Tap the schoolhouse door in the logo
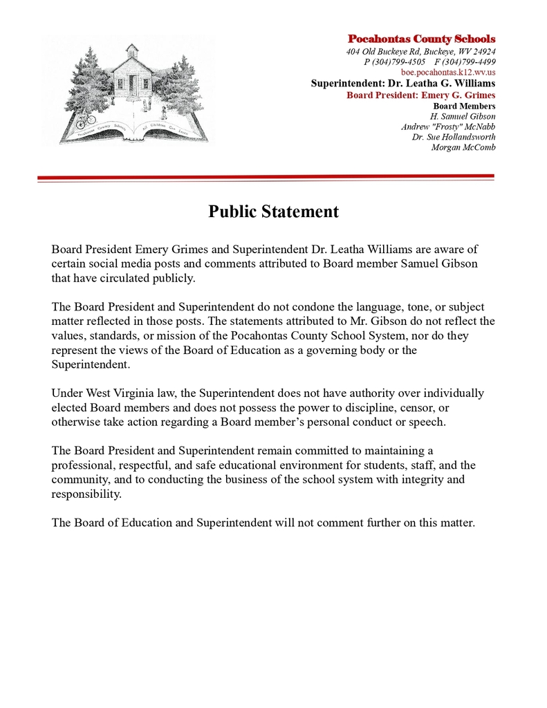[132, 84]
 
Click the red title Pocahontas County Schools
[421, 39]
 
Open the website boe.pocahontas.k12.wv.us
[448, 73]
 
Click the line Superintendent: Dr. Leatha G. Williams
[402, 84]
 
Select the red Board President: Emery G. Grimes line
[420, 95]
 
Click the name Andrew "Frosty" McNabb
[448, 127]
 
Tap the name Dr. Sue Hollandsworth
[454, 137]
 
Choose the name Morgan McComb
[463, 147]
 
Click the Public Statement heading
[273, 212]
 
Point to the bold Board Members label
[464, 106]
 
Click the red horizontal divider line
[266, 178]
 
